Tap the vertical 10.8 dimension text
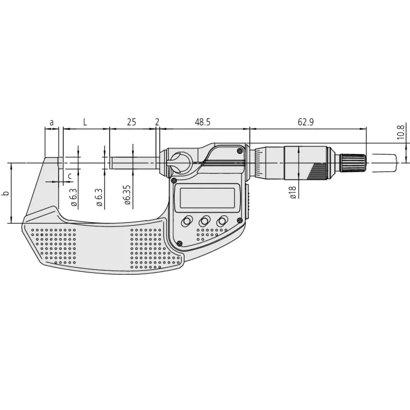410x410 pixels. tap(401, 133)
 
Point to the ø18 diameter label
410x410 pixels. tap(292, 193)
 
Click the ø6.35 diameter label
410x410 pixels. tap(128, 194)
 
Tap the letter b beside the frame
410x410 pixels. tap(6, 194)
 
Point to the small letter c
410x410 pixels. tap(69, 176)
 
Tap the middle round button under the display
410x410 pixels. tap(204, 221)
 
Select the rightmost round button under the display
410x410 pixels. tap(222, 221)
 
